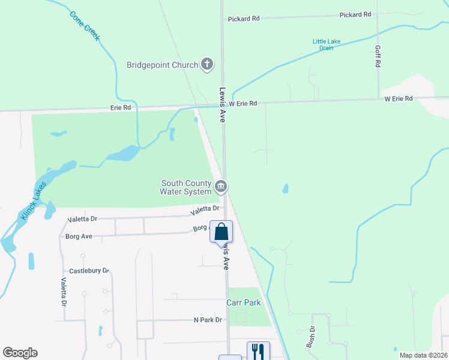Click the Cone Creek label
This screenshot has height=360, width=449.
pyautogui.click(x=84, y=26)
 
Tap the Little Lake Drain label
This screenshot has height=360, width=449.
pyautogui.click(x=327, y=44)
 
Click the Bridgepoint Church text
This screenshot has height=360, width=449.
pyautogui.click(x=162, y=65)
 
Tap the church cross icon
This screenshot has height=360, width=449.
pyautogui.click(x=206, y=64)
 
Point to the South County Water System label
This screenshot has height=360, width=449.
pyautogui.click(x=185, y=187)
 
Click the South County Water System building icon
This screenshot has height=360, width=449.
pyautogui.click(x=221, y=187)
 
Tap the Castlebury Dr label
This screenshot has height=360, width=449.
pyautogui.click(x=88, y=271)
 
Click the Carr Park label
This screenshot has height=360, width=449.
pyautogui.click(x=244, y=303)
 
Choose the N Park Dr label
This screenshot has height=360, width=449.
pyautogui.click(x=208, y=320)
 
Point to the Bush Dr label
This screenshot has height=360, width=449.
pyautogui.click(x=311, y=337)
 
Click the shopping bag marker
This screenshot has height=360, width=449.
pyautogui.click(x=221, y=232)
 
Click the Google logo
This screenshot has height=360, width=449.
pyautogui.click(x=20, y=353)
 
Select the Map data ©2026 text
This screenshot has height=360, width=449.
pyautogui.click(x=423, y=355)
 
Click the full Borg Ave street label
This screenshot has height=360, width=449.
pyautogui.click(x=79, y=236)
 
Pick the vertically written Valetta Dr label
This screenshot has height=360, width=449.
pyautogui.click(x=63, y=291)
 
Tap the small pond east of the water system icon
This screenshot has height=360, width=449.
pyautogui.click(x=285, y=189)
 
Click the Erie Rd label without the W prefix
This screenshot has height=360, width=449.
pyautogui.click(x=120, y=108)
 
